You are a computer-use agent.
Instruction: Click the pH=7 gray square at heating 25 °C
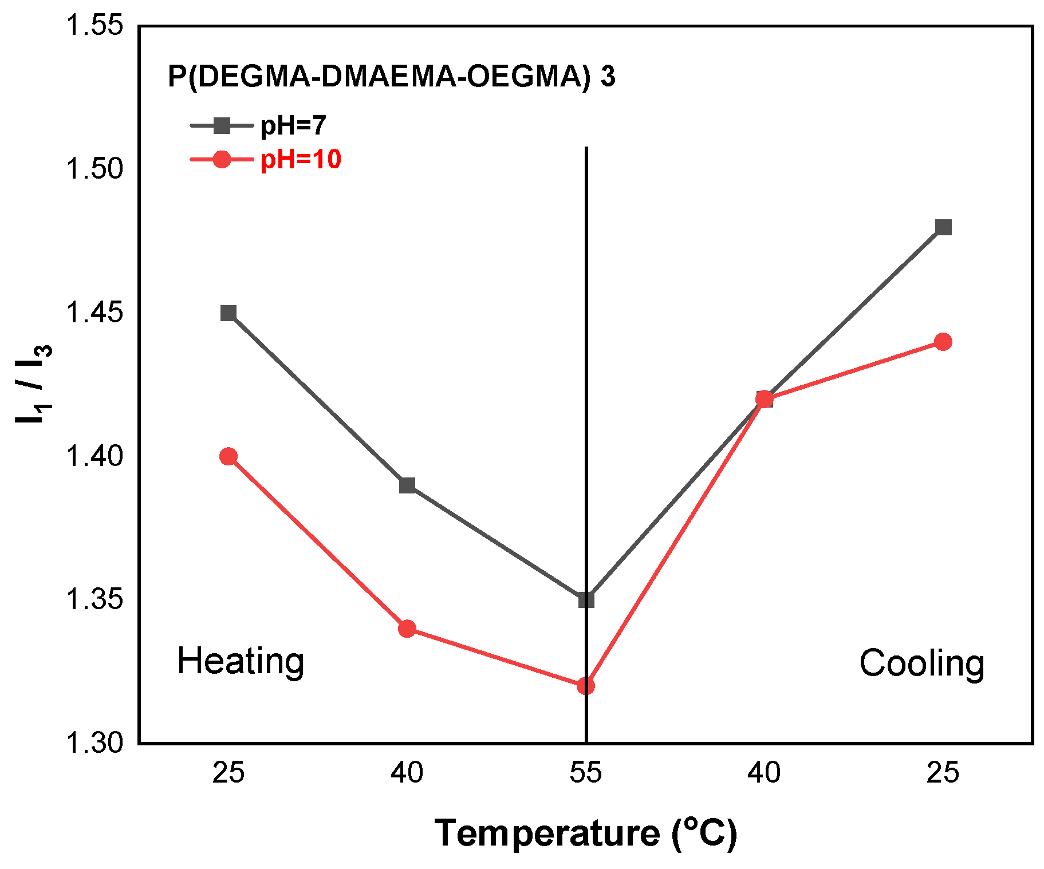tap(229, 313)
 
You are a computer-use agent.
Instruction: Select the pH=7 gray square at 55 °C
tap(586, 600)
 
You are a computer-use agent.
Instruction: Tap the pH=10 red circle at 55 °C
tap(586, 685)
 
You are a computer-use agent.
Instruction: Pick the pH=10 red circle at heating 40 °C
tap(407, 629)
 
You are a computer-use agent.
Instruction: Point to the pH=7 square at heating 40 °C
tap(407, 485)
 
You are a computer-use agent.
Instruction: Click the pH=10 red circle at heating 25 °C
tap(229, 456)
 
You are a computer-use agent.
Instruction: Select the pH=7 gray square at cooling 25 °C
tap(943, 227)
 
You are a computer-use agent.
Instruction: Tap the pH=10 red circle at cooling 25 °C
tap(943, 342)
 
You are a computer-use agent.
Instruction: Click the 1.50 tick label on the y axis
tap(95, 169)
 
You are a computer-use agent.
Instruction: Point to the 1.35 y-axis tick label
tap(95, 599)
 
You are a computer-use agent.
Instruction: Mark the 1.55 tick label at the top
tap(95, 26)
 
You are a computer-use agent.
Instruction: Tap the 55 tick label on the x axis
tap(586, 773)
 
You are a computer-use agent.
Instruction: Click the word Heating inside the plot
tap(241, 662)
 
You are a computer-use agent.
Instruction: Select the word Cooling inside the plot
tap(921, 663)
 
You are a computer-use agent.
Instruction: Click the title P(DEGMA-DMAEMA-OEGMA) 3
tap(391, 76)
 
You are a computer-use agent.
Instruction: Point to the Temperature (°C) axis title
tap(586, 833)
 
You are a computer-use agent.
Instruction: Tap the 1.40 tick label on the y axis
tap(95, 456)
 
